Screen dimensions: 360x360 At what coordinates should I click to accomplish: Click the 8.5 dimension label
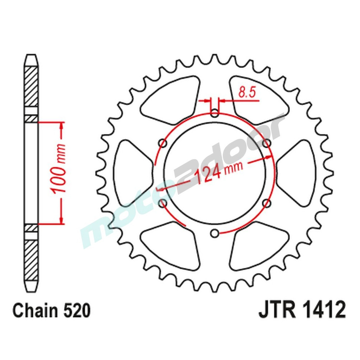coord(247,93)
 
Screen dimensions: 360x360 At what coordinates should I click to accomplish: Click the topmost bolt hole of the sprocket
coord(215,114)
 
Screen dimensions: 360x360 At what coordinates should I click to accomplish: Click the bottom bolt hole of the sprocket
coord(215,234)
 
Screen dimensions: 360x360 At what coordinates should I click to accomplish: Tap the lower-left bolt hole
coord(163,204)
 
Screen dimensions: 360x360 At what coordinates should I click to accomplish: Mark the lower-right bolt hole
coord(267,204)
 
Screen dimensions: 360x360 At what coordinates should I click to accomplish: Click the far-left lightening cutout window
coord(131,174)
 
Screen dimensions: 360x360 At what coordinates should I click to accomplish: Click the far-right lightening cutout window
coord(298,174)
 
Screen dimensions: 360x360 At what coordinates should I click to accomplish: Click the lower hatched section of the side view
coord(31,259)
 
